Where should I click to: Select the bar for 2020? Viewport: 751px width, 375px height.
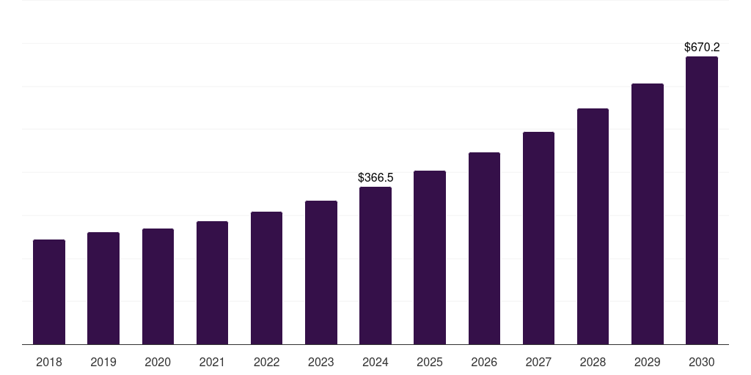[158, 286]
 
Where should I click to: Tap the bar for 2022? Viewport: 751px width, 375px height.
[266, 278]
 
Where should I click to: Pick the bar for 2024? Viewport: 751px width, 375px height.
[375, 265]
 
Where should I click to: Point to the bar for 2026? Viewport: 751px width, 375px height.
[484, 248]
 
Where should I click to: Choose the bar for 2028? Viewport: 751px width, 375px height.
[593, 226]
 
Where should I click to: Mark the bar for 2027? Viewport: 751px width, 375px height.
[538, 238]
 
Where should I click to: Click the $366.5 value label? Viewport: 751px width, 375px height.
[375, 178]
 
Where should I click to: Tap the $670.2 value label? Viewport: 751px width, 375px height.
[701, 48]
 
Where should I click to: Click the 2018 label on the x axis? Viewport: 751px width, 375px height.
[49, 362]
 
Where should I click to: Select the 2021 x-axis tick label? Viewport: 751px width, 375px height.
[212, 362]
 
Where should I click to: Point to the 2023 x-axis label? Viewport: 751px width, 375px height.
[321, 362]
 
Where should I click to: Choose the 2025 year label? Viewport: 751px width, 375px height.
[430, 362]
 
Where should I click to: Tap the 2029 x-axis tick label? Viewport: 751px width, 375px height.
[647, 362]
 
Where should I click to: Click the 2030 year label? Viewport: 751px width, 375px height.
[701, 362]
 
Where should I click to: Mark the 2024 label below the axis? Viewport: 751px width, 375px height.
[375, 362]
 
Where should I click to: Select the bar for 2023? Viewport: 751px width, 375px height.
[321, 272]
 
